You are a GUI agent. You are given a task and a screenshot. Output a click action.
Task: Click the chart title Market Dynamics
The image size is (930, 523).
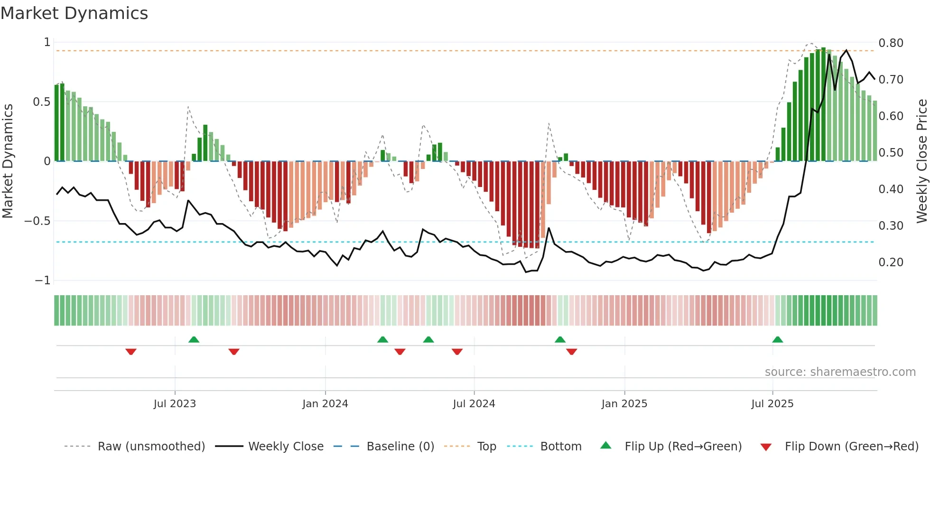(x=74, y=13)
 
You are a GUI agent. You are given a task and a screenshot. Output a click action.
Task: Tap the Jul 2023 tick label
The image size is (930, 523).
(x=175, y=404)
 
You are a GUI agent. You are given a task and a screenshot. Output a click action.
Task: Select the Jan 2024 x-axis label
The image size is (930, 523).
(x=325, y=404)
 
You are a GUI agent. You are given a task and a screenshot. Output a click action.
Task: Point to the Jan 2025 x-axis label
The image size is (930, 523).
(x=624, y=404)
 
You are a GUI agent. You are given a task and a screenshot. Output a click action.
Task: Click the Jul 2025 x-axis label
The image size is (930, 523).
(x=772, y=404)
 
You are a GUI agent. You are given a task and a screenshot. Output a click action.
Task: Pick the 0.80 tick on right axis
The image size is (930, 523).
(x=891, y=43)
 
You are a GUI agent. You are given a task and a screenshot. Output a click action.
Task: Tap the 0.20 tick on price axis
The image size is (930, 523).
(x=891, y=262)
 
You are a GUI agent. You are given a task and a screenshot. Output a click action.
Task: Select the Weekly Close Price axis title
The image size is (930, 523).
(x=921, y=161)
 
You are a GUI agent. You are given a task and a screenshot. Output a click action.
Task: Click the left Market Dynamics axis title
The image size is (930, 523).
(x=8, y=161)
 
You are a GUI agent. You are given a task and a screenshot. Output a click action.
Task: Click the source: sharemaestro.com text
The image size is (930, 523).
(x=840, y=372)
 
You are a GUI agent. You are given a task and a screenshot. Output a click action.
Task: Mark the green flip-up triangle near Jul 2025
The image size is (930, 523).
(x=777, y=340)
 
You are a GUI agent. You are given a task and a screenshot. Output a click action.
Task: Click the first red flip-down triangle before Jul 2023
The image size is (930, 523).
(x=131, y=351)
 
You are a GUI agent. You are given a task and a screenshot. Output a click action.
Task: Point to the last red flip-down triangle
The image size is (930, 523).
(x=571, y=351)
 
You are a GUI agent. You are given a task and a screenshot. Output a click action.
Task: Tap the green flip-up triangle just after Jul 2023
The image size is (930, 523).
(x=194, y=340)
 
